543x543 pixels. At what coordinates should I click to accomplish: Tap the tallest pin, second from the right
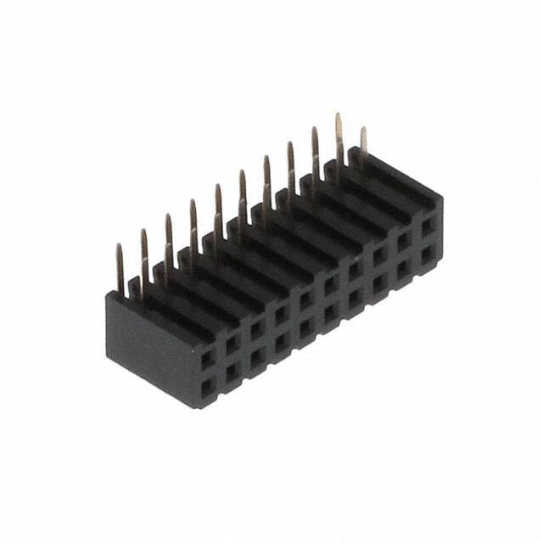tap(339, 136)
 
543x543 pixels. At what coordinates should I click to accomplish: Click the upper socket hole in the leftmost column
tap(207, 360)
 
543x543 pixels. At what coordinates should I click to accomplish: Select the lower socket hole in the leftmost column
tap(207, 389)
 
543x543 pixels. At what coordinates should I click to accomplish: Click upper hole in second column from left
tap(232, 344)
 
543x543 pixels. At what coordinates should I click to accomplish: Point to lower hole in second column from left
tap(232, 373)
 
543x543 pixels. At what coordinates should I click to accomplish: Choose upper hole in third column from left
tap(256, 329)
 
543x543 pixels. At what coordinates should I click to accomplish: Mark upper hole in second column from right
tap(404, 241)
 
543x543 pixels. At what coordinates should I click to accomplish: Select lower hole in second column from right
tap(404, 267)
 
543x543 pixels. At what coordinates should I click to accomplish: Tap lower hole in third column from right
tap(379, 283)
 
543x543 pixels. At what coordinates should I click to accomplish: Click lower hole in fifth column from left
tap(305, 327)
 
